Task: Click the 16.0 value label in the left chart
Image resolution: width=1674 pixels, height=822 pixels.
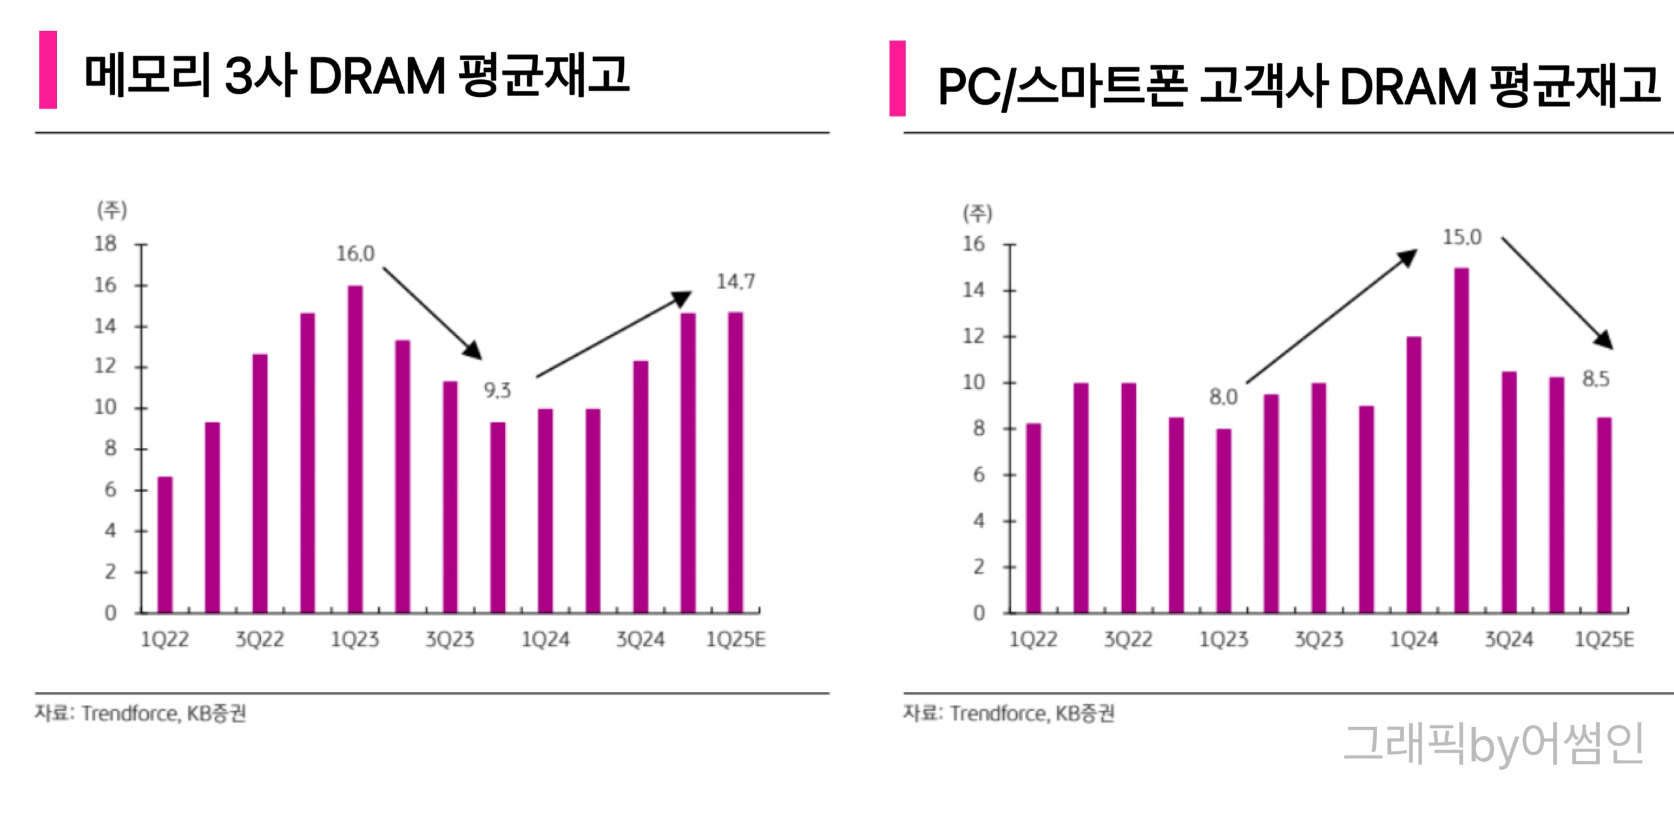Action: coord(355,254)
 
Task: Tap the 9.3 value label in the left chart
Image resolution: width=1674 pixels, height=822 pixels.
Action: coord(497,390)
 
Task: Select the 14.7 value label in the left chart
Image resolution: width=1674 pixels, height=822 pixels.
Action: coord(735,282)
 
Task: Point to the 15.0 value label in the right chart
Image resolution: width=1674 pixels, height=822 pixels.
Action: coord(1462,237)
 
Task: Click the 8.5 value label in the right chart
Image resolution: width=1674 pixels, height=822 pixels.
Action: coord(1596,379)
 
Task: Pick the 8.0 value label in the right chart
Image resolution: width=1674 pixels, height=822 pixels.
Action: coord(1223,397)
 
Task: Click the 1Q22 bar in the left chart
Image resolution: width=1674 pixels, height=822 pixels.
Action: coord(165,544)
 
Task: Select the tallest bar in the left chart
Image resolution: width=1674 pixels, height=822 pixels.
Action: coord(355,449)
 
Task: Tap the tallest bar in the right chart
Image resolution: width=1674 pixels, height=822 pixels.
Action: coord(1461,439)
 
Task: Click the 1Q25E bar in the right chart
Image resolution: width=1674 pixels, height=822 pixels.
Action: coord(1604,514)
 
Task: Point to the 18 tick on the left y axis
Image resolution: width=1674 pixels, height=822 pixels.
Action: coord(105,244)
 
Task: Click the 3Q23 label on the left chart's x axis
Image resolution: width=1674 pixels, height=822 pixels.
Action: coord(450,639)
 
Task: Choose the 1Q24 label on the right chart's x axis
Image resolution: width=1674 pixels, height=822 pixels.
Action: coord(1414,639)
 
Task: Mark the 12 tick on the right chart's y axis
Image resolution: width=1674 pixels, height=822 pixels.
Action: coord(973,336)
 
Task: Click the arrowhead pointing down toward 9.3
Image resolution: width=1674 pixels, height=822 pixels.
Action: coord(473,351)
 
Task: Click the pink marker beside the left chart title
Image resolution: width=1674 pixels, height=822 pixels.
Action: coord(48,70)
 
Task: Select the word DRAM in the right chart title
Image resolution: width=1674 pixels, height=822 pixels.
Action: coord(1408,86)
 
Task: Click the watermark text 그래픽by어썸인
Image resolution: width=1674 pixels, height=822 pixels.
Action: coord(1493,744)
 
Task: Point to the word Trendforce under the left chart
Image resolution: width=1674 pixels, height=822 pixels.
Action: coord(129,713)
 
